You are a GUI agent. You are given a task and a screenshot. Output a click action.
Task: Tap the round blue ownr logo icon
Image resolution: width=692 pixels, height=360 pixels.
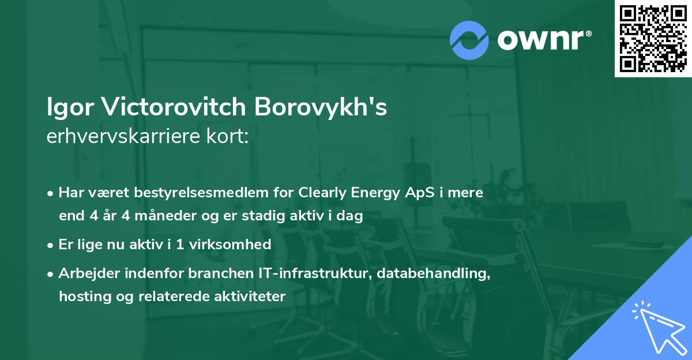tap(469, 40)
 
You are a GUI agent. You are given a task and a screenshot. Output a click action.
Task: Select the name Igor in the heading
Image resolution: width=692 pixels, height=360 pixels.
tap(69, 107)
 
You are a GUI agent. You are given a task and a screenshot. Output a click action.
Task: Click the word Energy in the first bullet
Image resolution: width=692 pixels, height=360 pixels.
tap(375, 193)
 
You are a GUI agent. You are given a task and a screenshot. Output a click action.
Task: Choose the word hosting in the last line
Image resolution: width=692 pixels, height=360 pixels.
tap(81, 297)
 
